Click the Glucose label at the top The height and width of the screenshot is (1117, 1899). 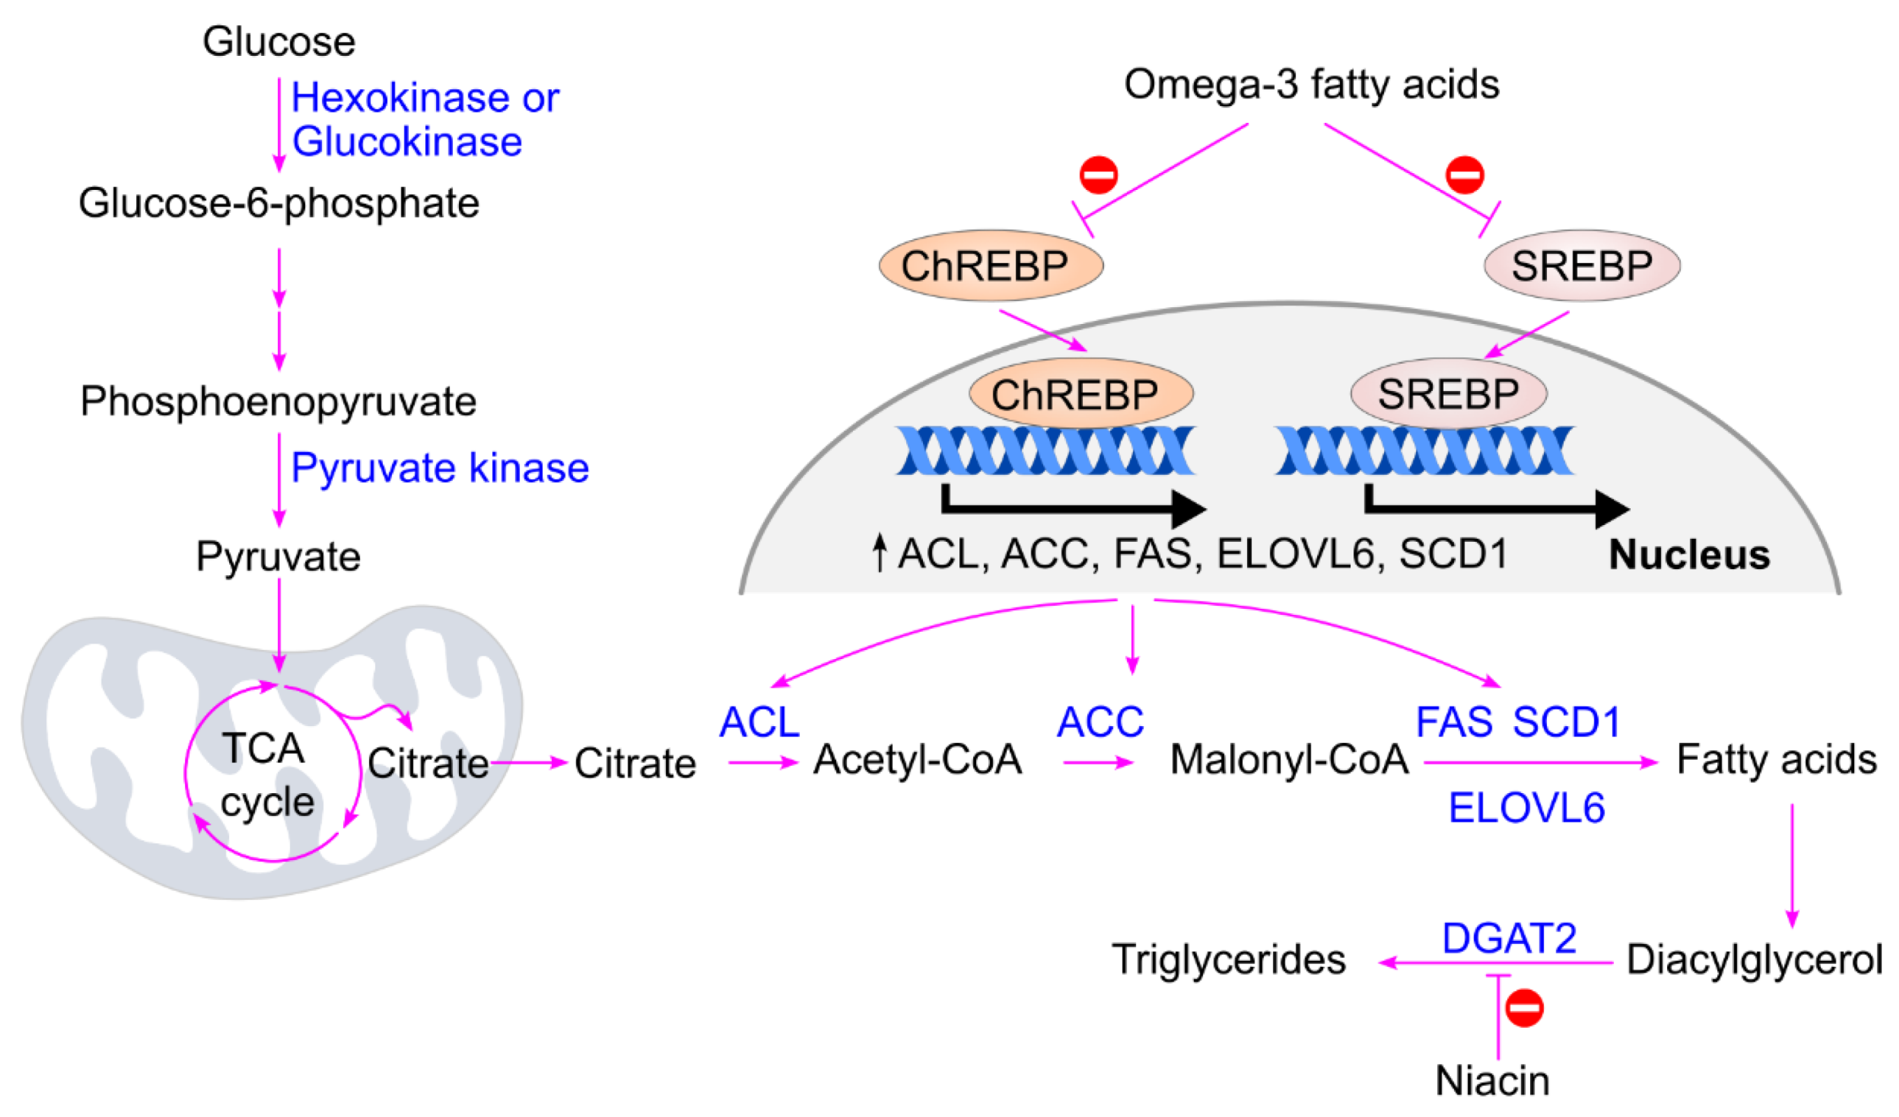(x=279, y=41)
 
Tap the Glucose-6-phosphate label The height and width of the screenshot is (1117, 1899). (x=279, y=203)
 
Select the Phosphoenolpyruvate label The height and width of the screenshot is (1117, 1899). (x=278, y=401)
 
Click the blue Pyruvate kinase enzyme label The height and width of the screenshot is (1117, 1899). (x=439, y=468)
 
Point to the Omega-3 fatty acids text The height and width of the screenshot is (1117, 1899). (x=1311, y=84)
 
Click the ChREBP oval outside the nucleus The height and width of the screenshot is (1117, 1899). (x=990, y=266)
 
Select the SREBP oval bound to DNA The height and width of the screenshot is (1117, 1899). (x=1448, y=394)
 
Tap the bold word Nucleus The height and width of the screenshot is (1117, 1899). (x=1689, y=555)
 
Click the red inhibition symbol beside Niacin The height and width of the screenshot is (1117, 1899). (x=1524, y=1008)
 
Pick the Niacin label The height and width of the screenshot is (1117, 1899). (x=1492, y=1081)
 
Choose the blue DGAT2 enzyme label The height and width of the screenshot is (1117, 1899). (x=1508, y=938)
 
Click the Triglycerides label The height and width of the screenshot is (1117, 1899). (x=1228, y=960)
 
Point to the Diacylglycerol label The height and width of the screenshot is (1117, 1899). (x=1754, y=960)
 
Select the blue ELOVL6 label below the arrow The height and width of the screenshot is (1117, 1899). (x=1526, y=808)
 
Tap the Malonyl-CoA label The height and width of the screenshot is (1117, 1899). (x=1288, y=760)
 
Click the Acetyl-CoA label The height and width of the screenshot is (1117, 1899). (x=917, y=760)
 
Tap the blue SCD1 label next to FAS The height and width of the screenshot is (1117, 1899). (x=1566, y=722)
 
